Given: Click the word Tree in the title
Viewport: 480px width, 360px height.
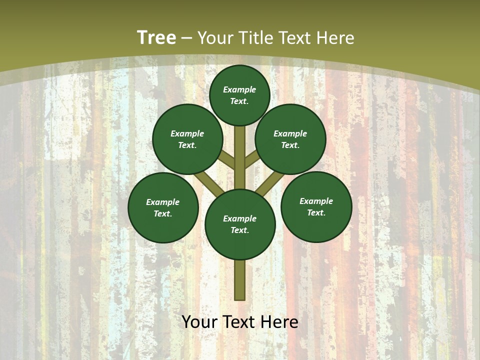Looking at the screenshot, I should pyautogui.click(x=156, y=37).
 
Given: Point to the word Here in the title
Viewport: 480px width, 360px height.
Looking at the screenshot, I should pyautogui.click(x=335, y=37).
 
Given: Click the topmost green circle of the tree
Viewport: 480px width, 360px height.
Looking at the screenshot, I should pyautogui.click(x=239, y=95).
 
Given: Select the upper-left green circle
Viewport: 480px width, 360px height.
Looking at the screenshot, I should pyautogui.click(x=187, y=139).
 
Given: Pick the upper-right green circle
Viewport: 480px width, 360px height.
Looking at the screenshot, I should pyautogui.click(x=290, y=139).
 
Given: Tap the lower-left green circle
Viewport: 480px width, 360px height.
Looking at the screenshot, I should pyautogui.click(x=163, y=207).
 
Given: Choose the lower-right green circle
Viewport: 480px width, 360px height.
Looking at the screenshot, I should pyautogui.click(x=316, y=206).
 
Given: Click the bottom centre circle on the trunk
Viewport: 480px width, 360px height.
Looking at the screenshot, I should pyautogui.click(x=240, y=224).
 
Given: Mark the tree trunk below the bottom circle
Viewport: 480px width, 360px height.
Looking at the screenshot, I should pyautogui.click(x=240, y=280).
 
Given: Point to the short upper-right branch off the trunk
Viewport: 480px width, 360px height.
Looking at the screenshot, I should pyautogui.click(x=251, y=160).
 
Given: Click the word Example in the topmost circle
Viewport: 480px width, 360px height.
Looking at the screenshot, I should pyautogui.click(x=239, y=89).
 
